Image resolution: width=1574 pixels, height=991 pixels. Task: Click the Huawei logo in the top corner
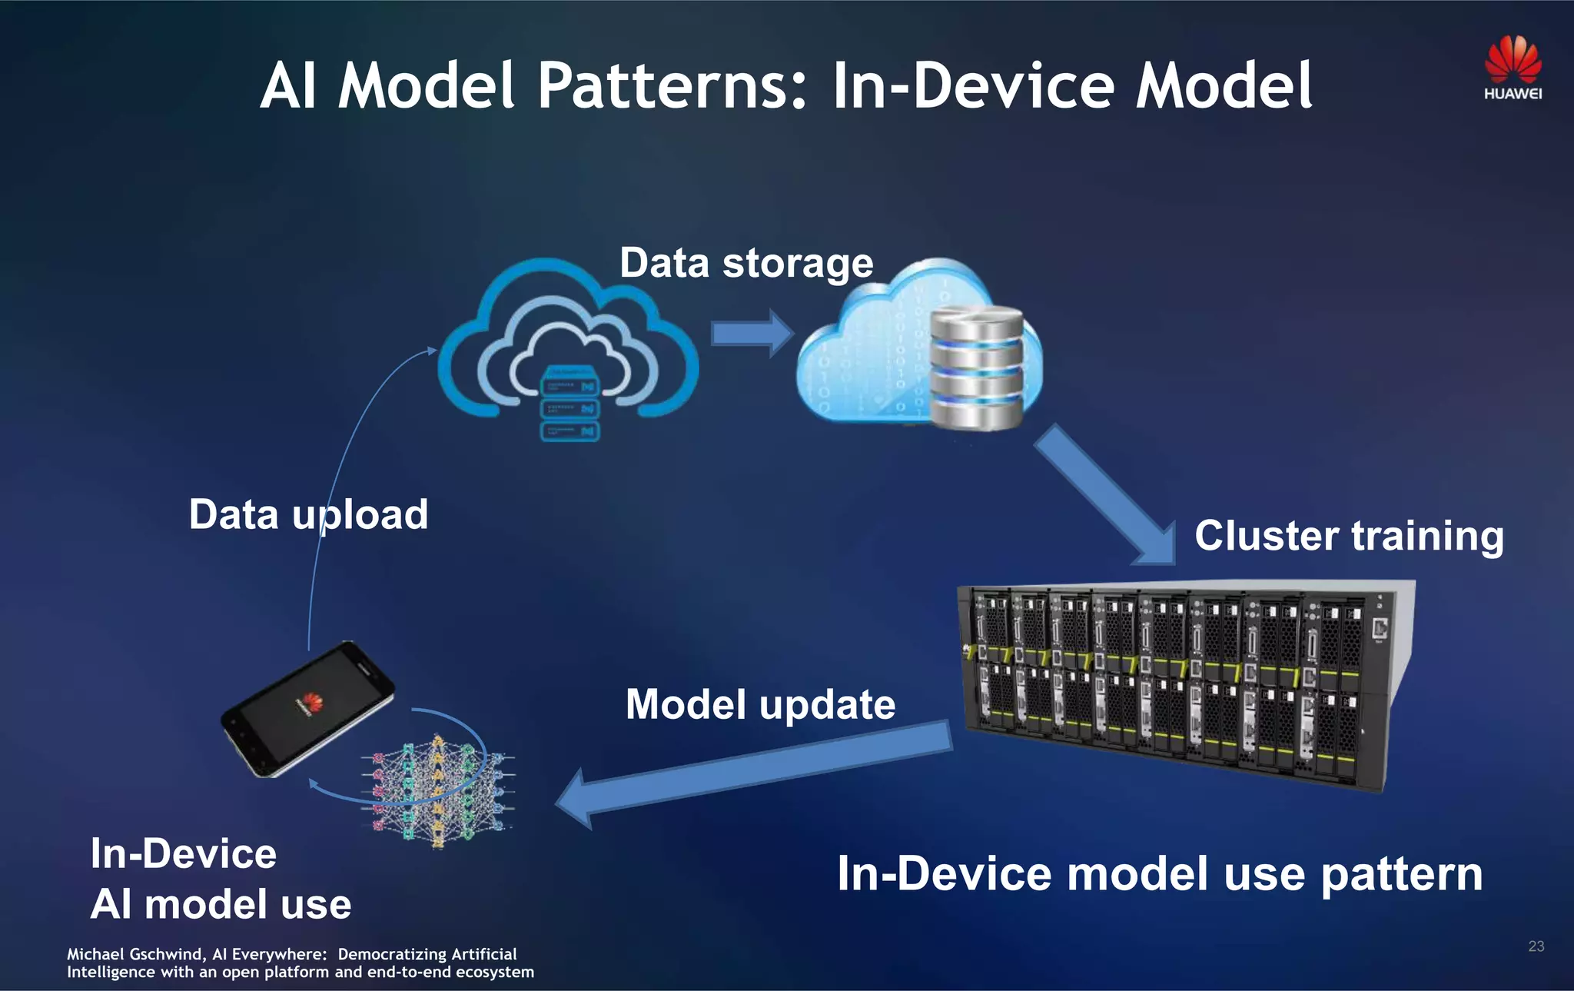point(1513,68)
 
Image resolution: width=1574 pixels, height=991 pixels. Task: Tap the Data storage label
point(746,263)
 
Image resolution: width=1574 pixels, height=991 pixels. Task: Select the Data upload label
point(308,514)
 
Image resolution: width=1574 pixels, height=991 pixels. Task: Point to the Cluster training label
point(1349,535)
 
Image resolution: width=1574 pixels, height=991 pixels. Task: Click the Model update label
point(760,704)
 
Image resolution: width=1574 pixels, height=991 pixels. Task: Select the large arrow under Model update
point(753,773)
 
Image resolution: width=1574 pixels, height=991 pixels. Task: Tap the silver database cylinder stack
point(976,367)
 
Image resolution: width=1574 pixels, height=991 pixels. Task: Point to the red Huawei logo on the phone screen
point(310,702)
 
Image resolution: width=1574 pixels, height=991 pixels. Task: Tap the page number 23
point(1536,946)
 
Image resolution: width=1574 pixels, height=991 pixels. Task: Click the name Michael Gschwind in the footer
point(134,954)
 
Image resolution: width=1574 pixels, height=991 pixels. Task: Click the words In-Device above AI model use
point(183,853)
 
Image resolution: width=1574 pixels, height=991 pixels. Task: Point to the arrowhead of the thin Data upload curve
point(432,351)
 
